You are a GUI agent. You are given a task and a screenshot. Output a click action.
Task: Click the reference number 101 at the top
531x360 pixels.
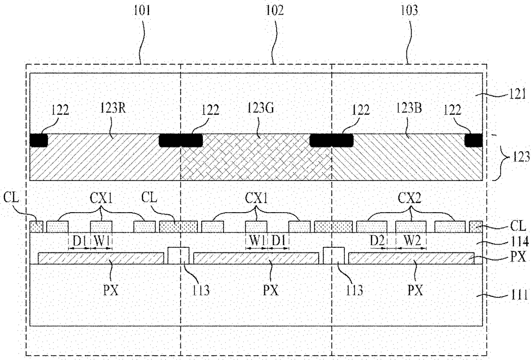[142, 11]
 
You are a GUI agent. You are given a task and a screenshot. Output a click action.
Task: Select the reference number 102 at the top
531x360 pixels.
[275, 11]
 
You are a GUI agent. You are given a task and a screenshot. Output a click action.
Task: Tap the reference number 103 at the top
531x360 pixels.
[409, 11]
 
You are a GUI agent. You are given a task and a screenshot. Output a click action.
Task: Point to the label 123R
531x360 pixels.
[113, 108]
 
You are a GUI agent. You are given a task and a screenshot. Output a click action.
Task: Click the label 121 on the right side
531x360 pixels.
[517, 94]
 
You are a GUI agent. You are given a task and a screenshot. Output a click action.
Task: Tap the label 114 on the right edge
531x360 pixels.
[519, 242]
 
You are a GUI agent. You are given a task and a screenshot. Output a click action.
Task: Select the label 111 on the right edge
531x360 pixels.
[519, 295]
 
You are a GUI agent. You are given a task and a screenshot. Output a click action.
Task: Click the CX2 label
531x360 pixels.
[410, 198]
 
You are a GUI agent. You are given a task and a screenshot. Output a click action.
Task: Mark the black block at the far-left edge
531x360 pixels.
[39, 140]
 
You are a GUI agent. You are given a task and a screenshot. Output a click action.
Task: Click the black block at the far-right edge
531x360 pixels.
[473, 140]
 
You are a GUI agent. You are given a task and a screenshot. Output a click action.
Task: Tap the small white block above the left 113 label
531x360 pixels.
[179, 255]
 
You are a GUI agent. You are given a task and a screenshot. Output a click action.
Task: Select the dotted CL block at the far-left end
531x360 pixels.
[36, 227]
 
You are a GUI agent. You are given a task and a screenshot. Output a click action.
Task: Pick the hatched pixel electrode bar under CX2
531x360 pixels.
[411, 258]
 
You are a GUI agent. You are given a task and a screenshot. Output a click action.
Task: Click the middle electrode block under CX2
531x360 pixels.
[411, 227]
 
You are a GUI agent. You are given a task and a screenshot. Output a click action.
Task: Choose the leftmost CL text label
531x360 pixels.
[11, 198]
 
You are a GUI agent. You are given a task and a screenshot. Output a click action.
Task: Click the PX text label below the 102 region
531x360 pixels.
[271, 290]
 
